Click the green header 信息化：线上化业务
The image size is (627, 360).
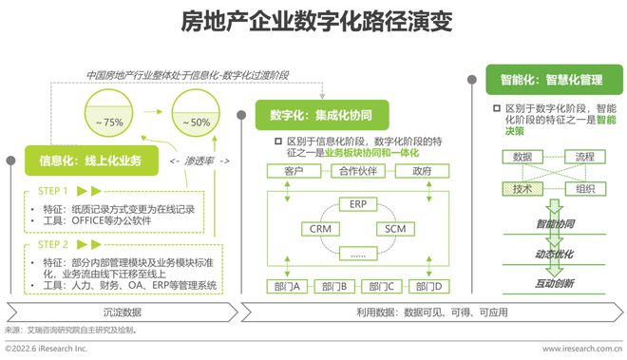coord(91,161)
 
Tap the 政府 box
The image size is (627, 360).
coord(422,172)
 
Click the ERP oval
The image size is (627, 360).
coord(357,204)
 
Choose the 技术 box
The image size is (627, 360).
coord(522,189)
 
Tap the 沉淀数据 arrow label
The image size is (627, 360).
coord(121,311)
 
